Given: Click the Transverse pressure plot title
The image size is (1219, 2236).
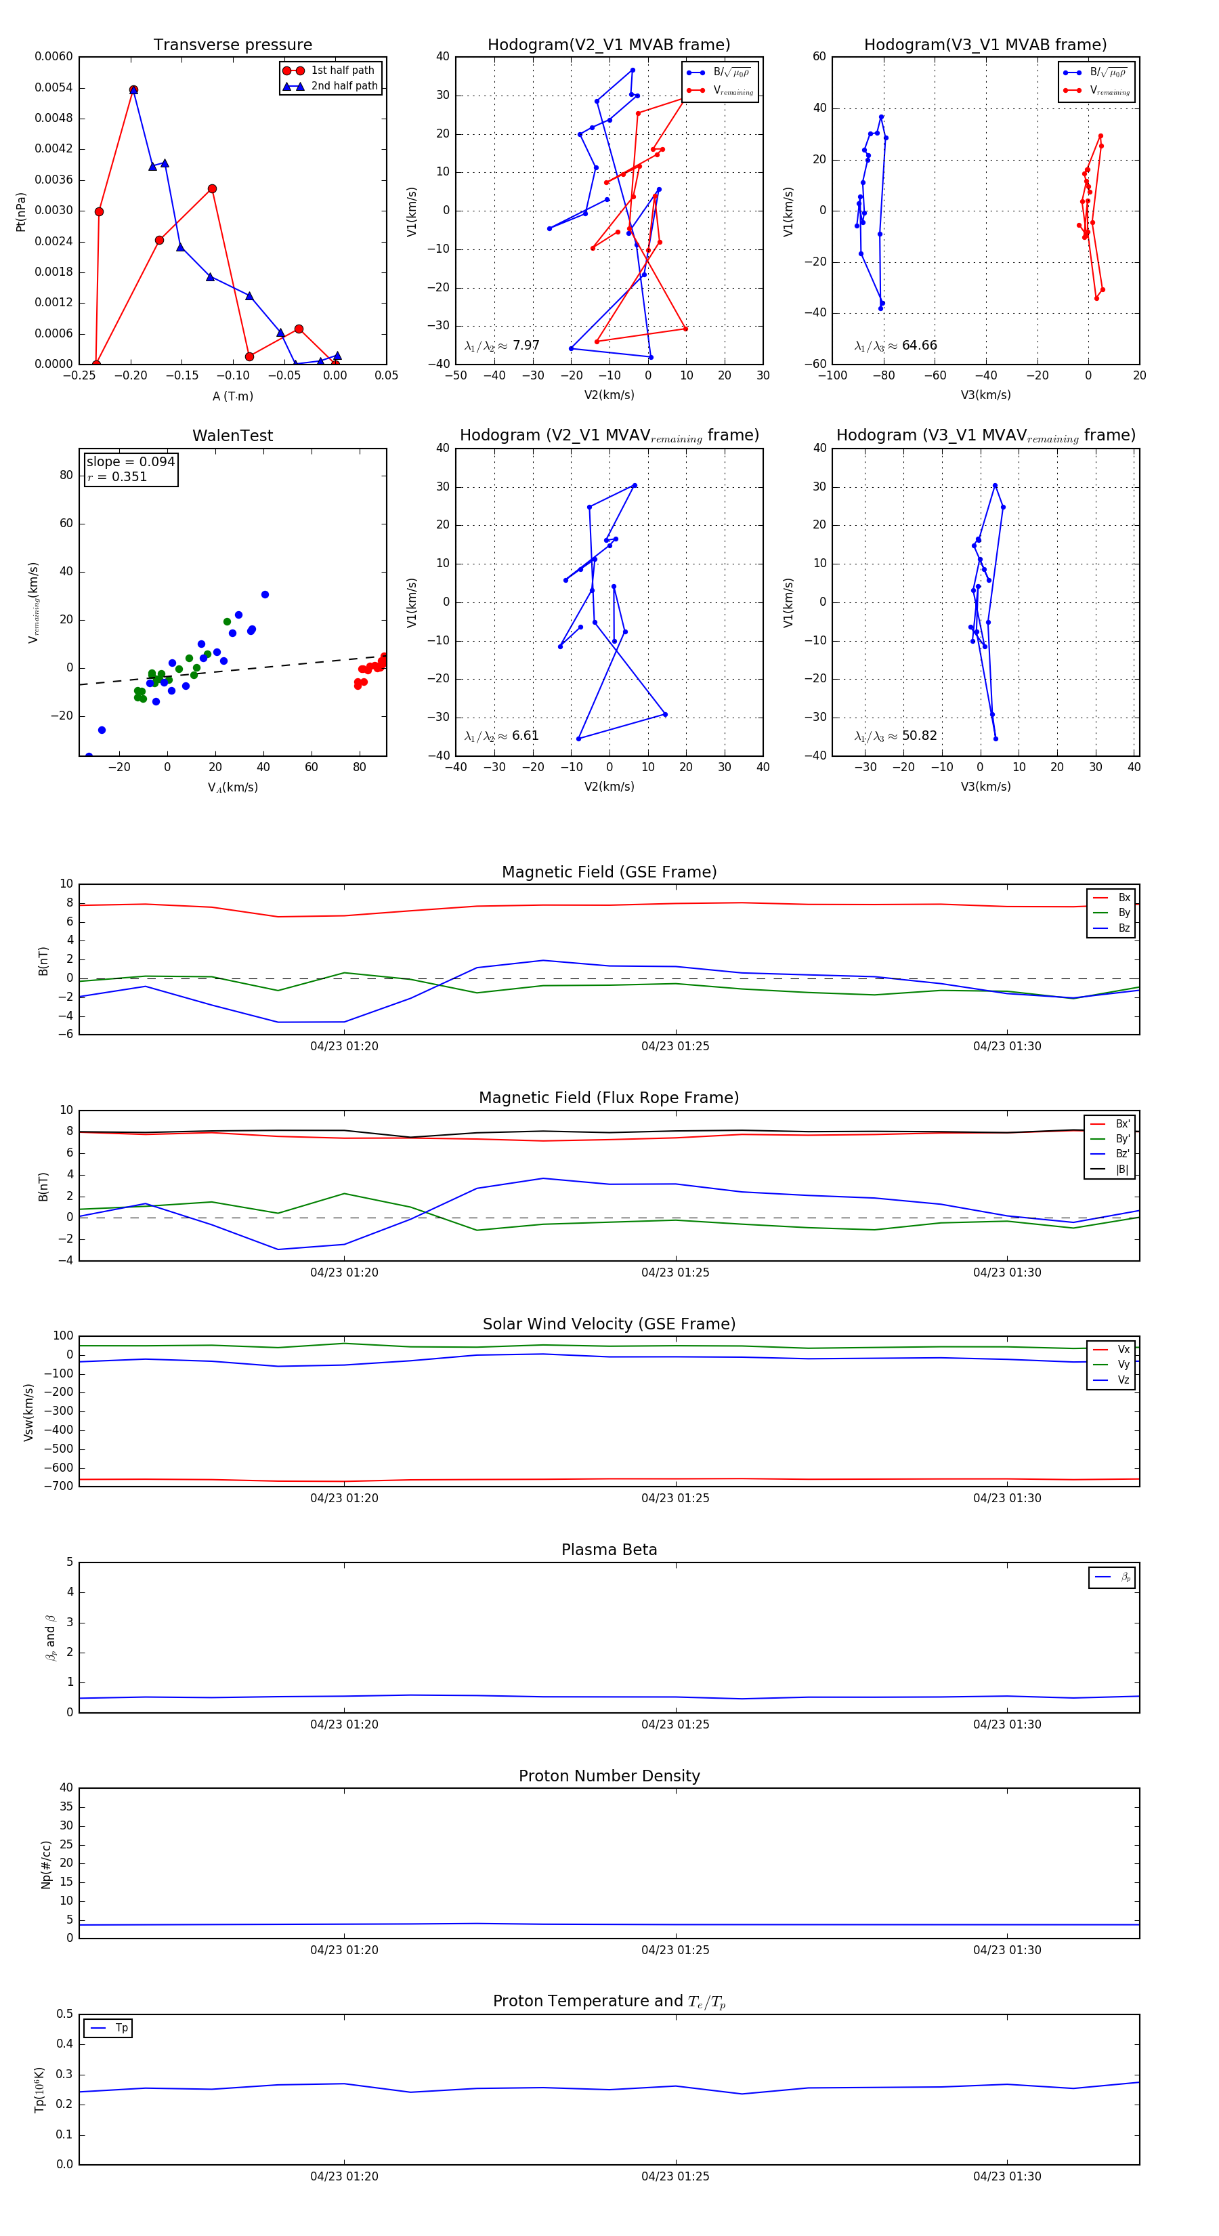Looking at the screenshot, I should (232, 45).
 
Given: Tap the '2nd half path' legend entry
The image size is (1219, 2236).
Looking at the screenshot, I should (343, 86).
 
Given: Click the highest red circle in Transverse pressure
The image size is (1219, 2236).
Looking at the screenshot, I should (133, 90).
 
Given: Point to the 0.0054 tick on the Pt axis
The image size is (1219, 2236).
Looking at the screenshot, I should (54, 87).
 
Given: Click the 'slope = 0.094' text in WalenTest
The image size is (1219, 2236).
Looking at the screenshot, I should (130, 462).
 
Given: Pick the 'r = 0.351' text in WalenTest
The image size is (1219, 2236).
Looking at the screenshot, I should (117, 476).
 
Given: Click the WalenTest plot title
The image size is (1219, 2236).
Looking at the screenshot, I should (232, 436).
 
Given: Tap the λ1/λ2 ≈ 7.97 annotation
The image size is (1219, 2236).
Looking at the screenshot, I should (501, 346).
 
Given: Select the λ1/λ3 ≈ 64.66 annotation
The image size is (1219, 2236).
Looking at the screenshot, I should (895, 346).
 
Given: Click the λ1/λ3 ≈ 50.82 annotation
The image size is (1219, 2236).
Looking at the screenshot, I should (895, 736).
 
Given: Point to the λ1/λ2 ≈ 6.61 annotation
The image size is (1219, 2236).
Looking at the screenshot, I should (501, 736).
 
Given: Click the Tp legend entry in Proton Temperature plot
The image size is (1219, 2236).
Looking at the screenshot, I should (121, 2028).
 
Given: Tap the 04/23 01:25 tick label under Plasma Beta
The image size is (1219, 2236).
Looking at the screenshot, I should (675, 1724).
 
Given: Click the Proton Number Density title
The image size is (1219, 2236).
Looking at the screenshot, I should (609, 1776).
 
